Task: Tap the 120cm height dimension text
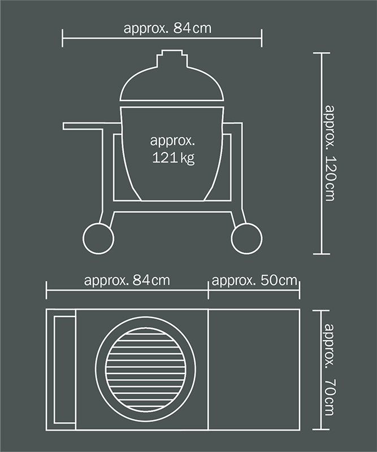tap(330, 153)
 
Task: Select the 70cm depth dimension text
tap(330, 370)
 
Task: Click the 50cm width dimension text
tap(254, 280)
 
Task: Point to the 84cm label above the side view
tap(167, 28)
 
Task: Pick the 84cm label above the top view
tap(127, 280)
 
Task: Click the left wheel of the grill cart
tap(98, 238)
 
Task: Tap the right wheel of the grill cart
tap(246, 238)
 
